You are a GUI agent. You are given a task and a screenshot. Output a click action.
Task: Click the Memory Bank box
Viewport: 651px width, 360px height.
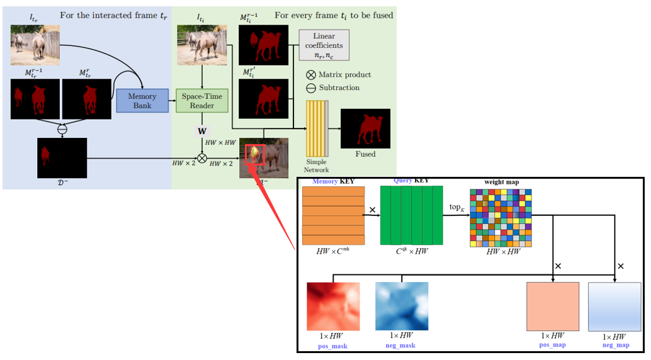(142, 101)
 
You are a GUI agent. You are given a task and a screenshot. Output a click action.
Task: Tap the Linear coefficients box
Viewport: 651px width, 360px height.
(324, 45)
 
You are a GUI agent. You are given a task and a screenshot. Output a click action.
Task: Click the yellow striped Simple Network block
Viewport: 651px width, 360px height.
(317, 128)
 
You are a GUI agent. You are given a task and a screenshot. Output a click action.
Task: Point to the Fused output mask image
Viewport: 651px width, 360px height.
(365, 129)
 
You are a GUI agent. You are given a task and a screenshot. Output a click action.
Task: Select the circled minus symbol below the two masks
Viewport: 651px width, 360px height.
(62, 129)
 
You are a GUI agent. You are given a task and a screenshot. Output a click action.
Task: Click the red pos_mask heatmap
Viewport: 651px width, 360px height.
(333, 306)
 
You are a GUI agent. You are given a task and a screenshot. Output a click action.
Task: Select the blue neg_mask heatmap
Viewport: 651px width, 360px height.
(402, 306)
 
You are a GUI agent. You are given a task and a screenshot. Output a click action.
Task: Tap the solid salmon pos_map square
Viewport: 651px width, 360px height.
(552, 306)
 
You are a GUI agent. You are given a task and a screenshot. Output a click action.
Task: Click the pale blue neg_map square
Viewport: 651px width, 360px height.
(614, 306)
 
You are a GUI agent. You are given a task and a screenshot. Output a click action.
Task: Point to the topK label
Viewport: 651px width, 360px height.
(456, 207)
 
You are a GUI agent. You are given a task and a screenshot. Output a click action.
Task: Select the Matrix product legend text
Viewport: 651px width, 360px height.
(344, 74)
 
